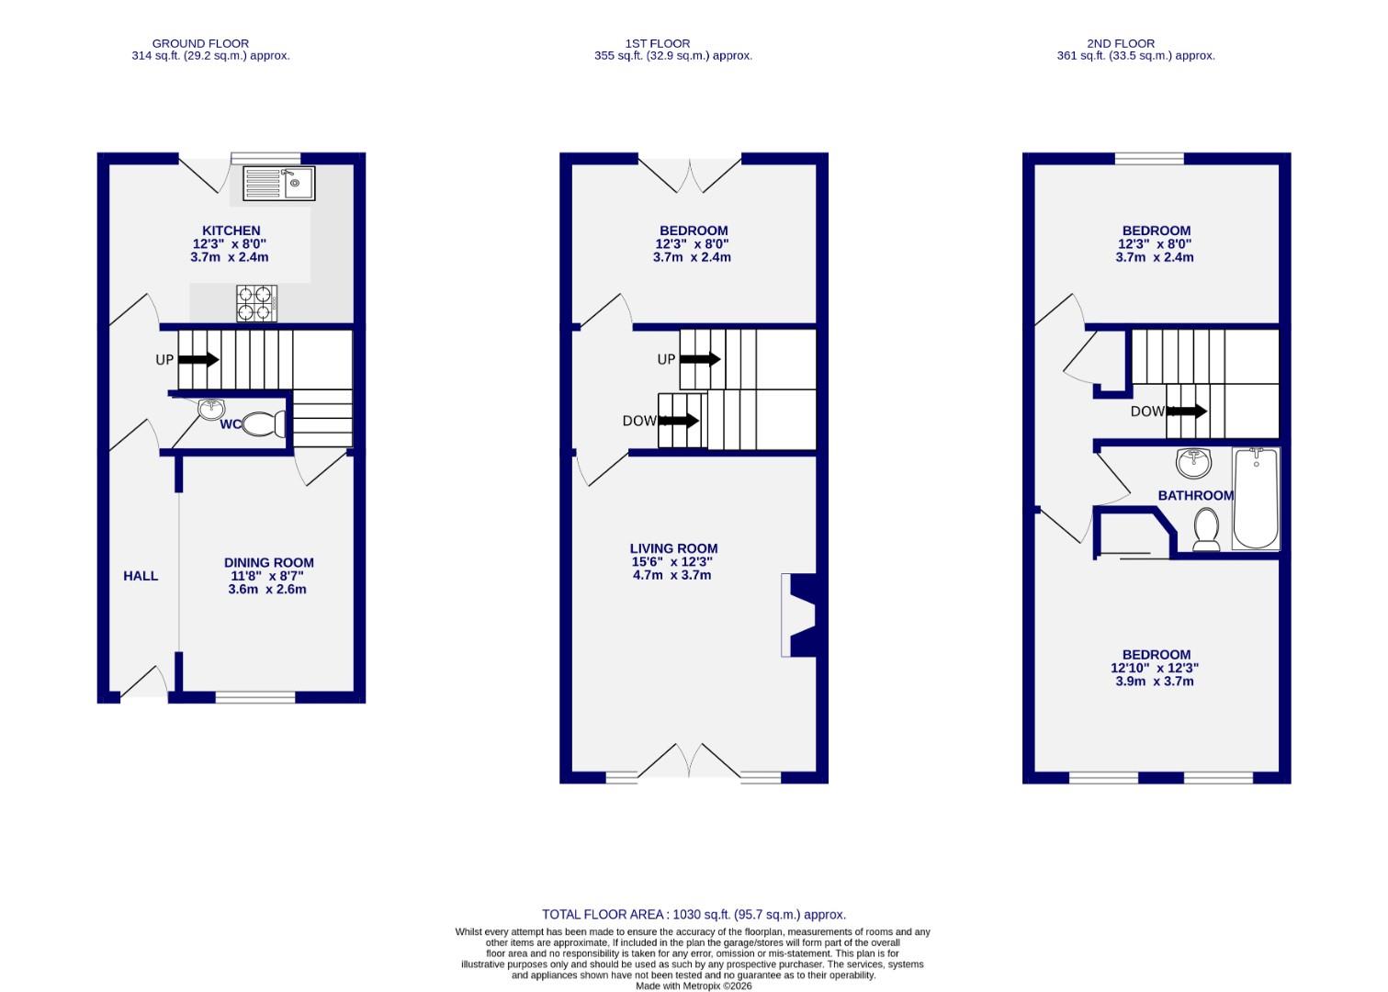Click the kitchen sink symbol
coord(279,183)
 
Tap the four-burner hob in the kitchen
coord(257,303)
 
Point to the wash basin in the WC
coord(212,409)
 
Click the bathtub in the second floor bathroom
coord(1256,498)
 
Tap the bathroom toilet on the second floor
coord(1206,530)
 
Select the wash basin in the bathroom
coord(1193,462)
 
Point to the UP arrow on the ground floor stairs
coord(198,359)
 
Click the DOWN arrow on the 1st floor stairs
coord(680,421)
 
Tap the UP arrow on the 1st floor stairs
coord(700,359)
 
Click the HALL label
coord(141,576)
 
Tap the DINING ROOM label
coord(268,563)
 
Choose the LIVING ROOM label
coord(673,548)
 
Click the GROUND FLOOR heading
coord(200,43)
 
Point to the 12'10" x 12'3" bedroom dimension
coord(1155,669)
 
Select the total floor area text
coord(694,915)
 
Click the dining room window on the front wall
coord(255,697)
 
